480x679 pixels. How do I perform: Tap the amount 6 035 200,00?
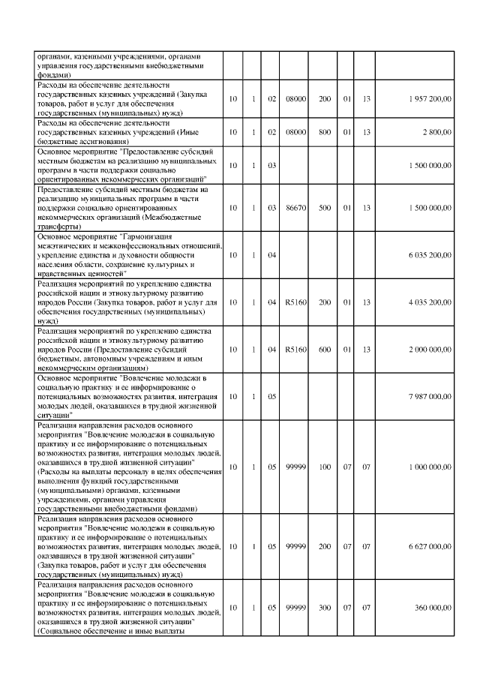[430, 256]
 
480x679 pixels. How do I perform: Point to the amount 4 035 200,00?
[430, 302]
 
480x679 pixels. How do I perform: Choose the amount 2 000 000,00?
[430, 349]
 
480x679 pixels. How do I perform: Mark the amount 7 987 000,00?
[430, 395]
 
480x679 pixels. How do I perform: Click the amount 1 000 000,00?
[430, 467]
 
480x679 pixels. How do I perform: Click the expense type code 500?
[325, 208]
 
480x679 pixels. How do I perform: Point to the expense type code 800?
[325, 132]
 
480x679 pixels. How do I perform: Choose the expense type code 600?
[325, 349]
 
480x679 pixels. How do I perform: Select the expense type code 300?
[325, 608]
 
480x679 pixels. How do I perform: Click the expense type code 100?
[325, 467]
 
